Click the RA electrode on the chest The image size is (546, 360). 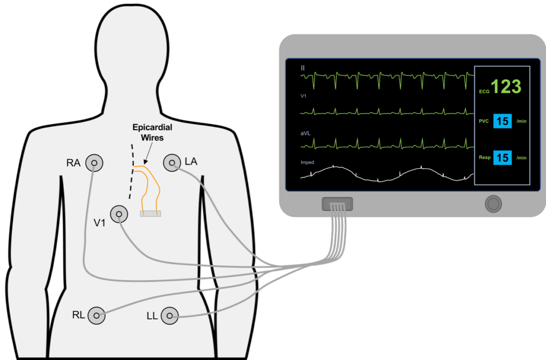click(95, 162)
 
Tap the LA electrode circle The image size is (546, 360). click(172, 162)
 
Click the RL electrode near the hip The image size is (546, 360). click(96, 315)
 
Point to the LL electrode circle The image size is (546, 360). click(169, 315)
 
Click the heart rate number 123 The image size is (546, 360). click(506, 86)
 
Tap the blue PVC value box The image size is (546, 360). click(502, 122)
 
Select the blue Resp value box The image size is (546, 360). click(502, 157)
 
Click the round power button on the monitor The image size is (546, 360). click(493, 203)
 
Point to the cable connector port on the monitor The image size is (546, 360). click(337, 203)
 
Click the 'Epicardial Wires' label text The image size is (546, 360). click(152, 132)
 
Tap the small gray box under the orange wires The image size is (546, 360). click(150, 213)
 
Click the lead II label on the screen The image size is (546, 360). click(303, 68)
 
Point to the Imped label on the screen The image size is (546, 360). click(307, 162)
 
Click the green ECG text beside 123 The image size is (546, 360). click(484, 92)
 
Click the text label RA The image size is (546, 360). click(74, 162)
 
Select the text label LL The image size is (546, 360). click(152, 315)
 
